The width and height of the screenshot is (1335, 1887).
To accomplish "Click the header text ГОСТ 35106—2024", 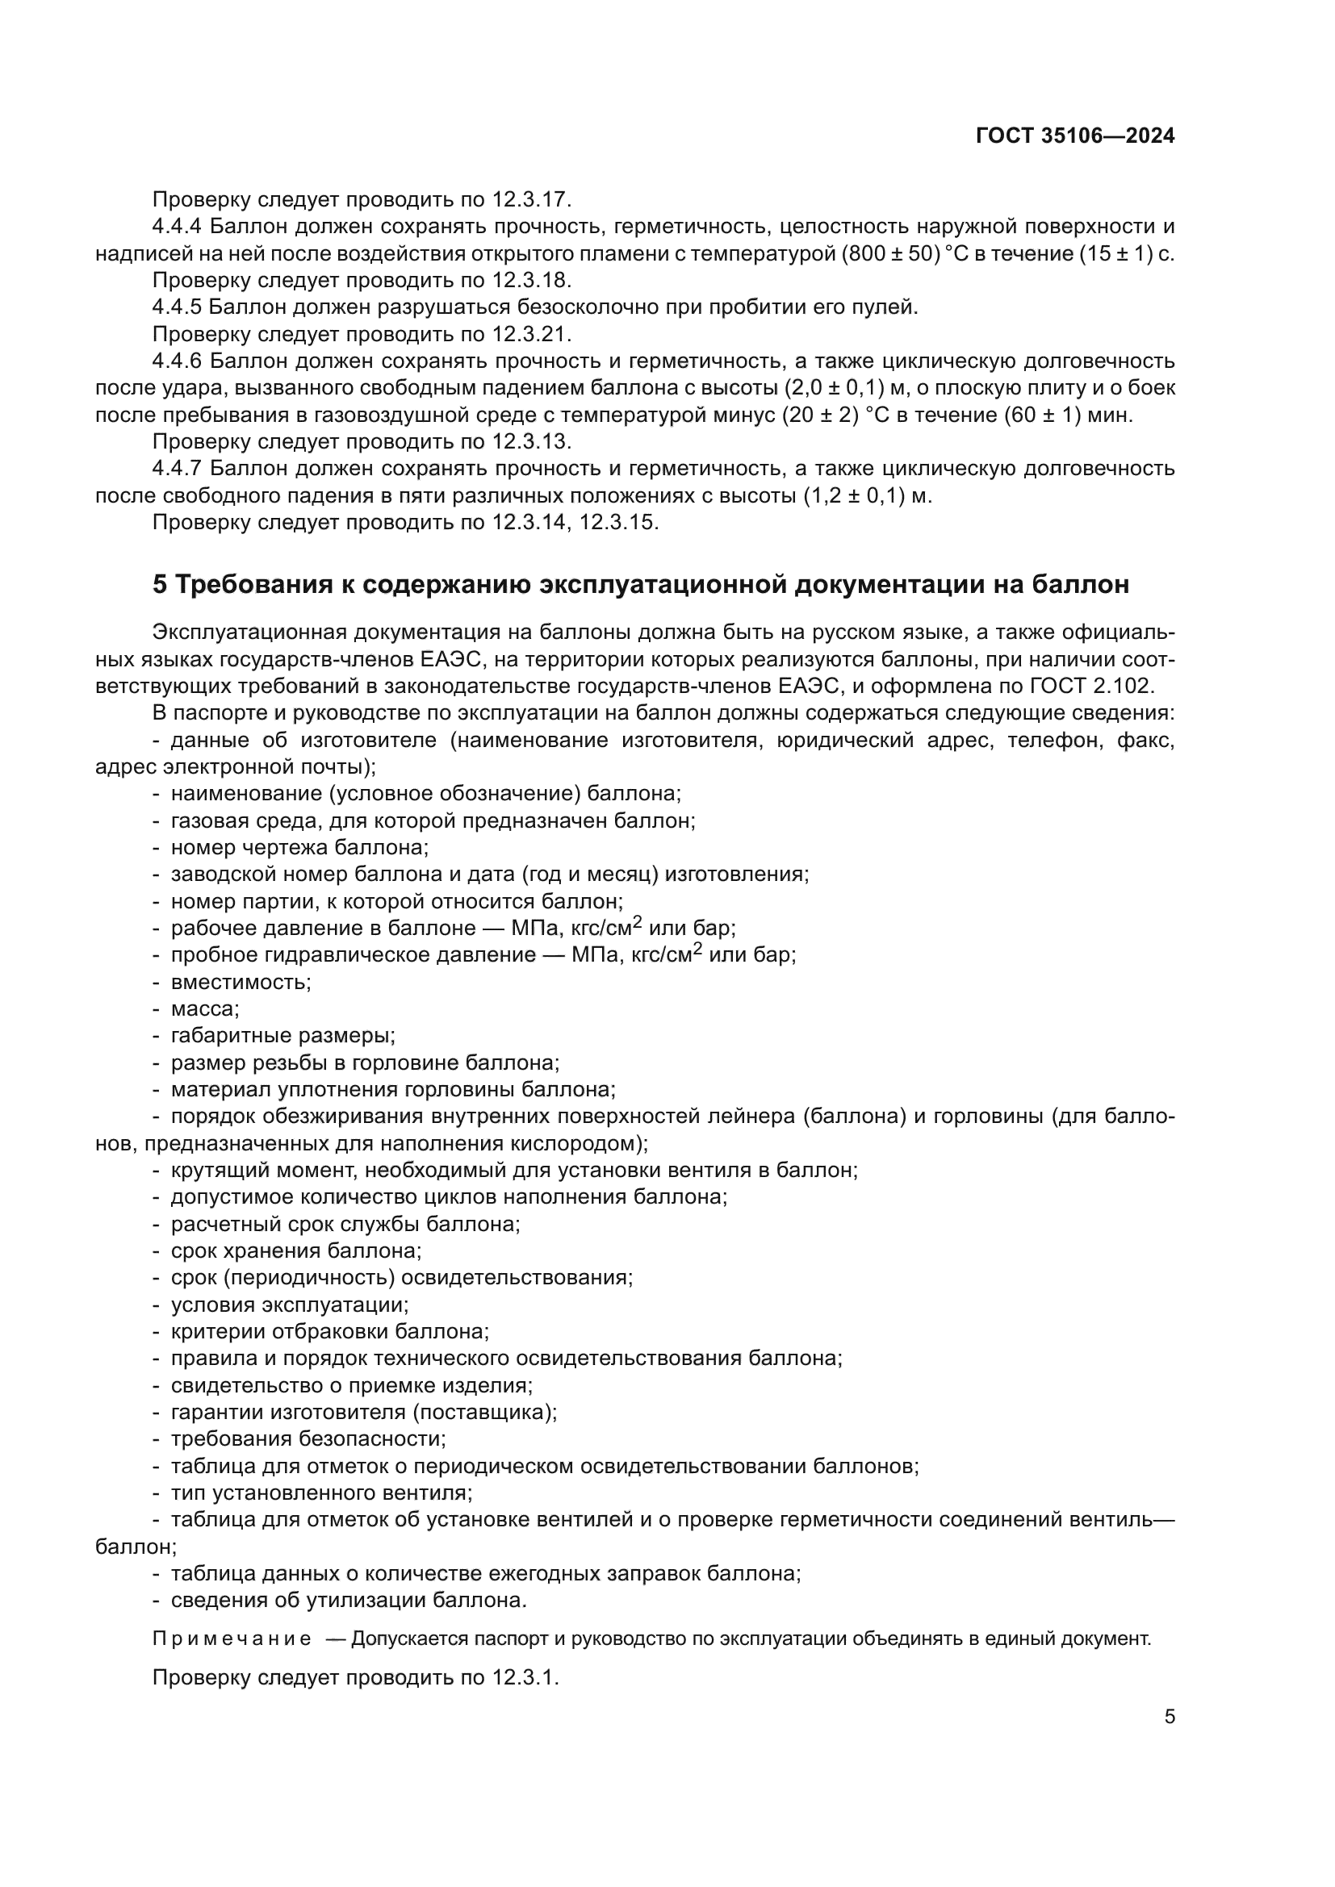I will pyautogui.click(x=1075, y=136).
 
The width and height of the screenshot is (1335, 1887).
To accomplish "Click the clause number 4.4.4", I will pyautogui.click(x=176, y=227).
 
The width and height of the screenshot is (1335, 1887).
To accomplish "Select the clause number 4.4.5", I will pyautogui.click(x=176, y=307).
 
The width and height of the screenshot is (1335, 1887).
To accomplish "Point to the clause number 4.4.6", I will pyautogui.click(x=176, y=361).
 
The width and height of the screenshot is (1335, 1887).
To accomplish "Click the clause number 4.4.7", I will pyautogui.click(x=176, y=469).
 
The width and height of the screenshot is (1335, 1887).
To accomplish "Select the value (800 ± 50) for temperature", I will pyautogui.click(x=891, y=254).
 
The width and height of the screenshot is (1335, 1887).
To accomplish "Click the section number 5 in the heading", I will pyautogui.click(x=160, y=584).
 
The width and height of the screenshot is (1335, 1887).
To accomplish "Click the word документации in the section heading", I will pyautogui.click(x=893, y=584).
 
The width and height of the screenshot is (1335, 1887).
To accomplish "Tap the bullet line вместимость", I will pyautogui.click(x=240, y=982).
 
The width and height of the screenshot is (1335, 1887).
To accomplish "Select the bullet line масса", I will pyautogui.click(x=204, y=1008).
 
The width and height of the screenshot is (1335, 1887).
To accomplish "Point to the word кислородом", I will pyautogui.click(x=575, y=1143).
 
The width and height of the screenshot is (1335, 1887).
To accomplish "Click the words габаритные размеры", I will pyautogui.click(x=282, y=1036).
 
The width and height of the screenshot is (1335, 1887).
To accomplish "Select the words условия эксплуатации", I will pyautogui.click(x=290, y=1305).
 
